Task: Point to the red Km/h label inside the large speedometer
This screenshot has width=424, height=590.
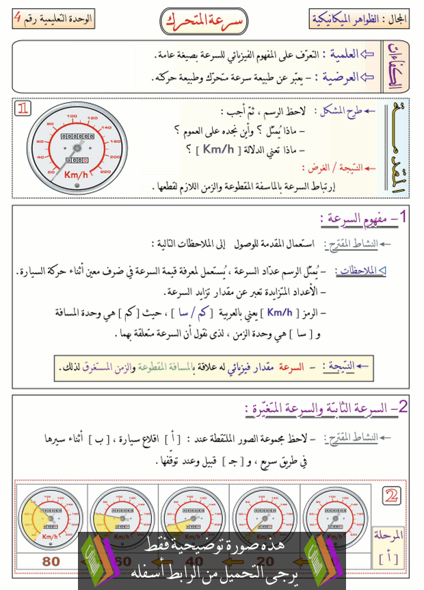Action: click(x=75, y=175)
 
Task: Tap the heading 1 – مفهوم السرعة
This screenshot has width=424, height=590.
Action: click(x=366, y=219)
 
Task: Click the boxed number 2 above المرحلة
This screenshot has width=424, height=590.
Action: click(x=393, y=496)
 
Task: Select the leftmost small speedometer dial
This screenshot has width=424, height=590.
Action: click(x=50, y=517)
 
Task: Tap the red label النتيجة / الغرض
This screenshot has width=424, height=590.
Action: click(x=334, y=167)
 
